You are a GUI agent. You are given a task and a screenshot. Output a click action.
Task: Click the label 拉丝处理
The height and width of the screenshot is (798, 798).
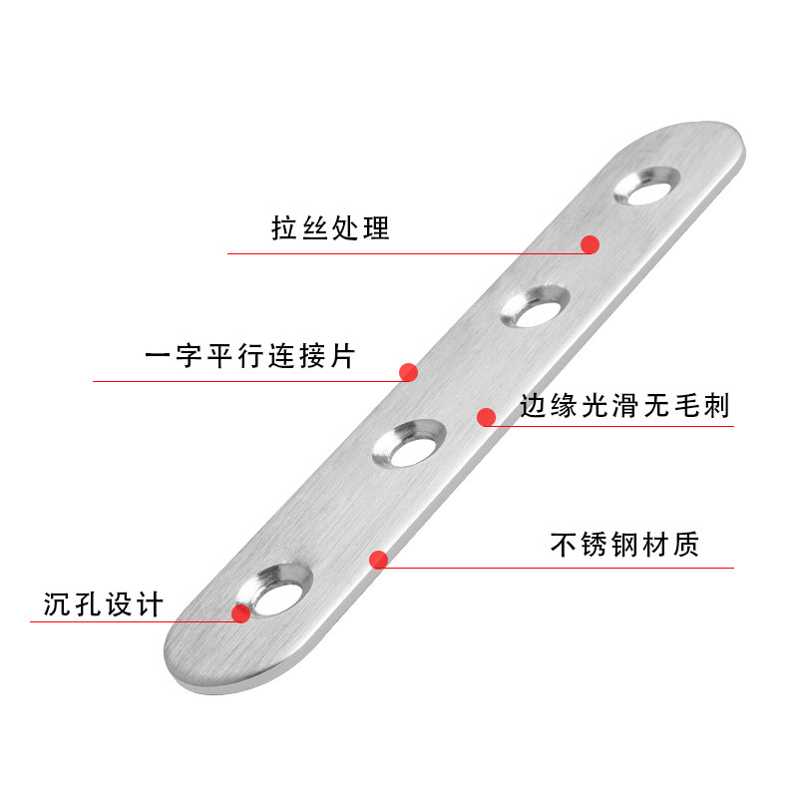pyautogui.click(x=330, y=228)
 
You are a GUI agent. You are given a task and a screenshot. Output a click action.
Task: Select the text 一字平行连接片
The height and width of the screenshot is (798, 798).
pyautogui.click(x=248, y=356)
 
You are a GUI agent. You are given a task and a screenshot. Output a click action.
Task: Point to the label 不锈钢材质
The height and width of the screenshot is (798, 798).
pyautogui.click(x=624, y=545)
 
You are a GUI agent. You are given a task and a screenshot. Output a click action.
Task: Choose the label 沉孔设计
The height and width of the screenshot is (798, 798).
pyautogui.click(x=103, y=604)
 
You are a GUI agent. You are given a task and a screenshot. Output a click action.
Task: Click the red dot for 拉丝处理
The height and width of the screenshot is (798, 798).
pyautogui.click(x=590, y=243)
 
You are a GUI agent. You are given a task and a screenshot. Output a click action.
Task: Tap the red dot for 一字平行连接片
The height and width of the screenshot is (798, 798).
pyautogui.click(x=408, y=372)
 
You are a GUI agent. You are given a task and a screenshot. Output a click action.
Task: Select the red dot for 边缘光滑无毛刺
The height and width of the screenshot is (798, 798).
pyautogui.click(x=486, y=417)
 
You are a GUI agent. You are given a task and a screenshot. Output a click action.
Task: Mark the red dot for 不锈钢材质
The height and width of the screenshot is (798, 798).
pyautogui.click(x=378, y=560)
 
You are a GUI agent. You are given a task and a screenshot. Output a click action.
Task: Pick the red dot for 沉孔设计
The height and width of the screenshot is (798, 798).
pyautogui.click(x=241, y=612)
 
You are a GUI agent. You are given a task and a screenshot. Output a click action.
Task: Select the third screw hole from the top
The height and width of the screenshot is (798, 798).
pyautogui.click(x=407, y=446)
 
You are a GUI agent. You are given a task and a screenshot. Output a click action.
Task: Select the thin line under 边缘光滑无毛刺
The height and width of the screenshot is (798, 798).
pyautogui.click(x=618, y=427)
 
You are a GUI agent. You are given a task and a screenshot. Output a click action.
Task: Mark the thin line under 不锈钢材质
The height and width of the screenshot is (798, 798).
pyautogui.click(x=559, y=569)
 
